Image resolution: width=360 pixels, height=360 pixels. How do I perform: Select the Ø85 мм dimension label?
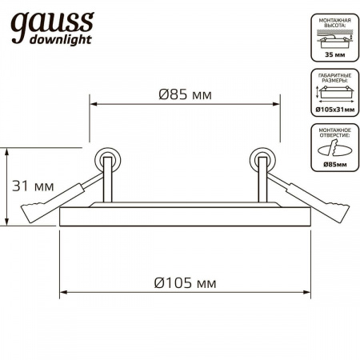click(x=184, y=95)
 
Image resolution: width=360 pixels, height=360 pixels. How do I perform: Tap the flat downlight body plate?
click(x=184, y=218)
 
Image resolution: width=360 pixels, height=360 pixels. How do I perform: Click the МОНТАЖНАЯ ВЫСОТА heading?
click(x=331, y=25)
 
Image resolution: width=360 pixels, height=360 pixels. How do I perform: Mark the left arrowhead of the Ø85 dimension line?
click(x=92, y=105)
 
